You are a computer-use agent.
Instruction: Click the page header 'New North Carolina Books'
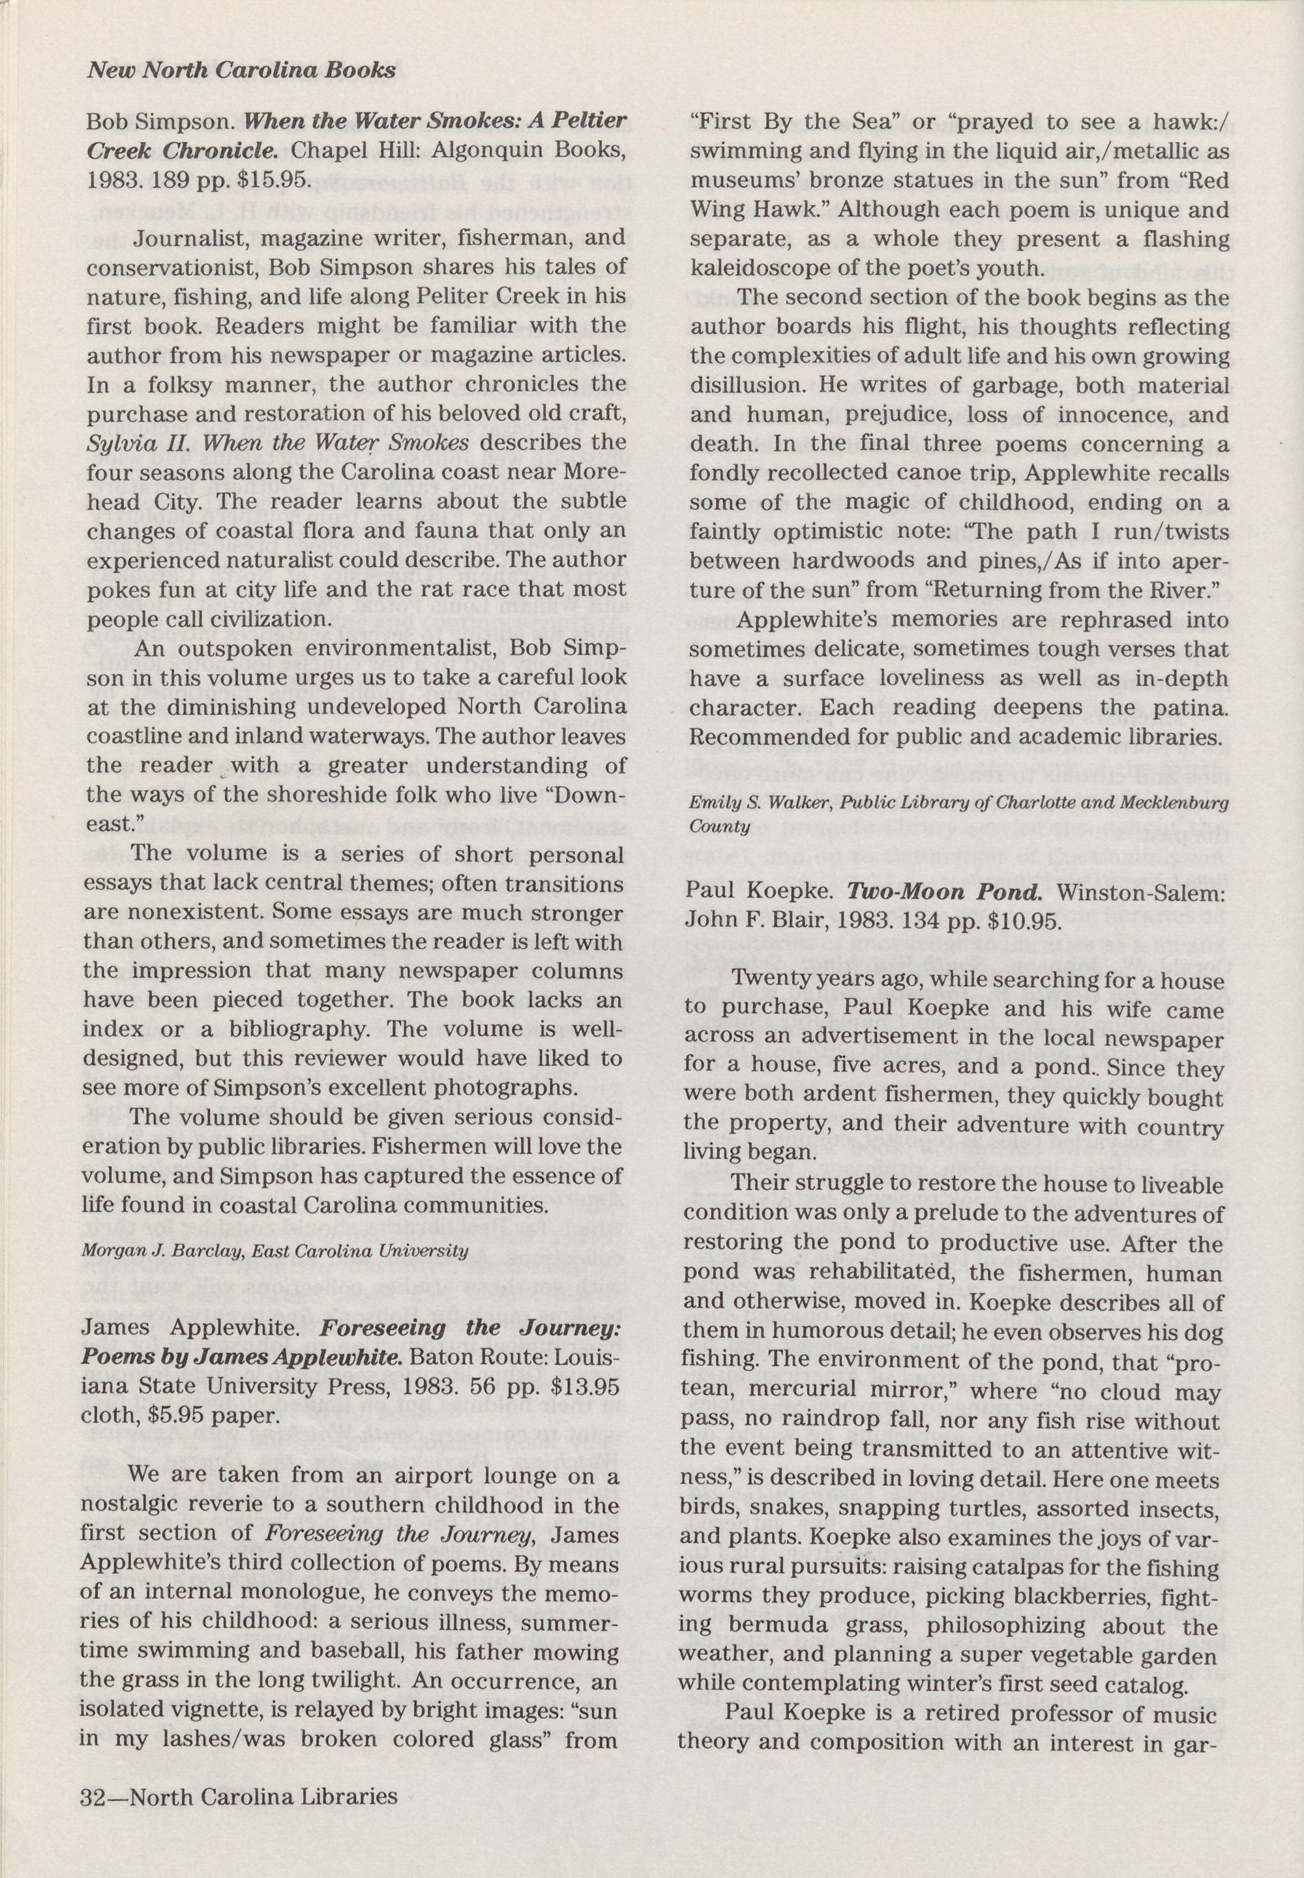[241, 70]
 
